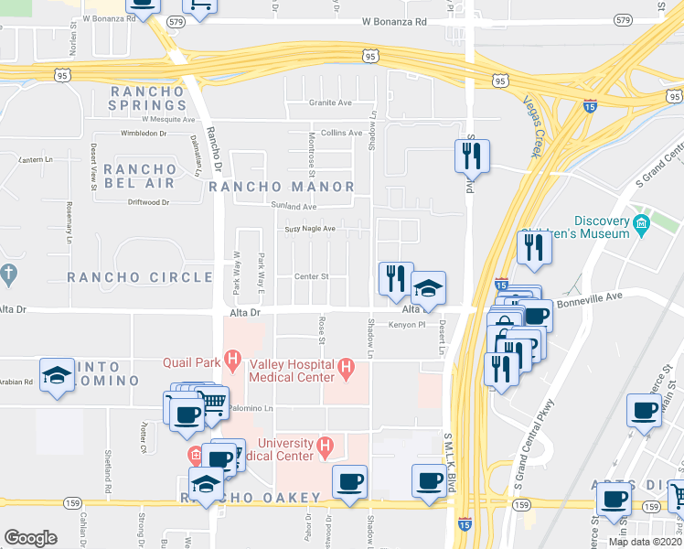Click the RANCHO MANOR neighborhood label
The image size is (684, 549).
(281, 187)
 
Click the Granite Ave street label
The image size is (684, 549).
(329, 103)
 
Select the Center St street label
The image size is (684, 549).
(311, 276)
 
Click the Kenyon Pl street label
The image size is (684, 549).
(408, 325)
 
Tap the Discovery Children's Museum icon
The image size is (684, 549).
(641, 222)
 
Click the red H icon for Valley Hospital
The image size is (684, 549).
(346, 369)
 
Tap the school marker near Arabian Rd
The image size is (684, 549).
(58, 375)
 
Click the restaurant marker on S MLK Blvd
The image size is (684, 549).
(472, 156)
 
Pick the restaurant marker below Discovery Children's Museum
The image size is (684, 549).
(534, 247)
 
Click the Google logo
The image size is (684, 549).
(30, 538)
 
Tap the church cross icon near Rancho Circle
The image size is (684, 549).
(8, 274)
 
